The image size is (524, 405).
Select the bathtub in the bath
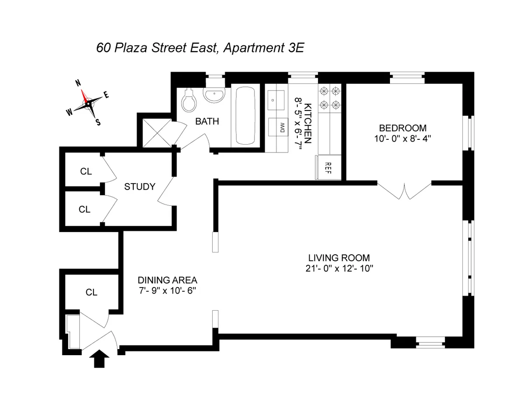[247, 115]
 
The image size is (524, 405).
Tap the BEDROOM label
[402, 128]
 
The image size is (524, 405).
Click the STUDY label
[140, 187]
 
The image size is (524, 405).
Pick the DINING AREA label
[167, 280]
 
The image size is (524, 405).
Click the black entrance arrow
[100, 360]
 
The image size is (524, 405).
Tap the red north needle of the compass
[84, 95]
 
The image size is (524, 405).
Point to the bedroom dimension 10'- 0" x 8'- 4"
[402, 138]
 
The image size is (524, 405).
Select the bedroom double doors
[405, 191]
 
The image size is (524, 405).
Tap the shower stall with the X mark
[155, 131]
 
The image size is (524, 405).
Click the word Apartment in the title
[251, 48]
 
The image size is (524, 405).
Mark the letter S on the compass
[98, 122]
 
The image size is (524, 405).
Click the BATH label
[207, 121]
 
